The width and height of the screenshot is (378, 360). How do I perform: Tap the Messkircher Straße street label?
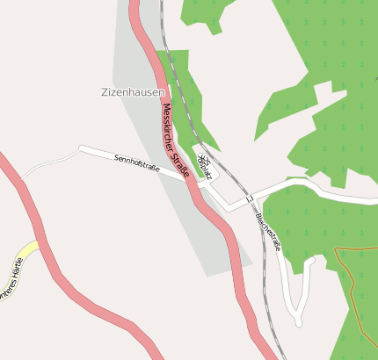(x=175, y=142)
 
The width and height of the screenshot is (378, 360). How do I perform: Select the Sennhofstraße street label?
(x=137, y=163)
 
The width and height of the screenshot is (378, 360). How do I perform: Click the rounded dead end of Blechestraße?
(x=295, y=319)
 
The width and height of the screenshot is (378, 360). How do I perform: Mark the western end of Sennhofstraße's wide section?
(x=82, y=148)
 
